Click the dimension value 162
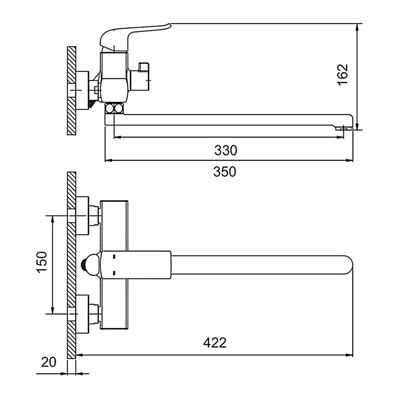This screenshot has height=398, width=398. [343, 75]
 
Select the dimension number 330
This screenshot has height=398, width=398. [226, 150]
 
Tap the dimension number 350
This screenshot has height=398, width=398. [225, 172]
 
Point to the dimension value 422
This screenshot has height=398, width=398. [215, 343]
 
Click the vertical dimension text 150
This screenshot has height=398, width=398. [42, 262]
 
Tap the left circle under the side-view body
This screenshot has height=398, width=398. [110, 108]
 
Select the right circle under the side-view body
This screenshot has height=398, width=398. [119, 108]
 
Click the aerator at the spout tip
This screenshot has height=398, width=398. [344, 129]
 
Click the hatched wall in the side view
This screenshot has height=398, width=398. [72, 90]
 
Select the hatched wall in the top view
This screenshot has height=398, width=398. [72, 265]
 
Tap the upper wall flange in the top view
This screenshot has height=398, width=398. [82, 216]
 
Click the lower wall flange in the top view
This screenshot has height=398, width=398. [82, 314]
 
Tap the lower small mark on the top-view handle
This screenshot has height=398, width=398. [114, 273]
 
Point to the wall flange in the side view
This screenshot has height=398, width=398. [82, 90]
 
